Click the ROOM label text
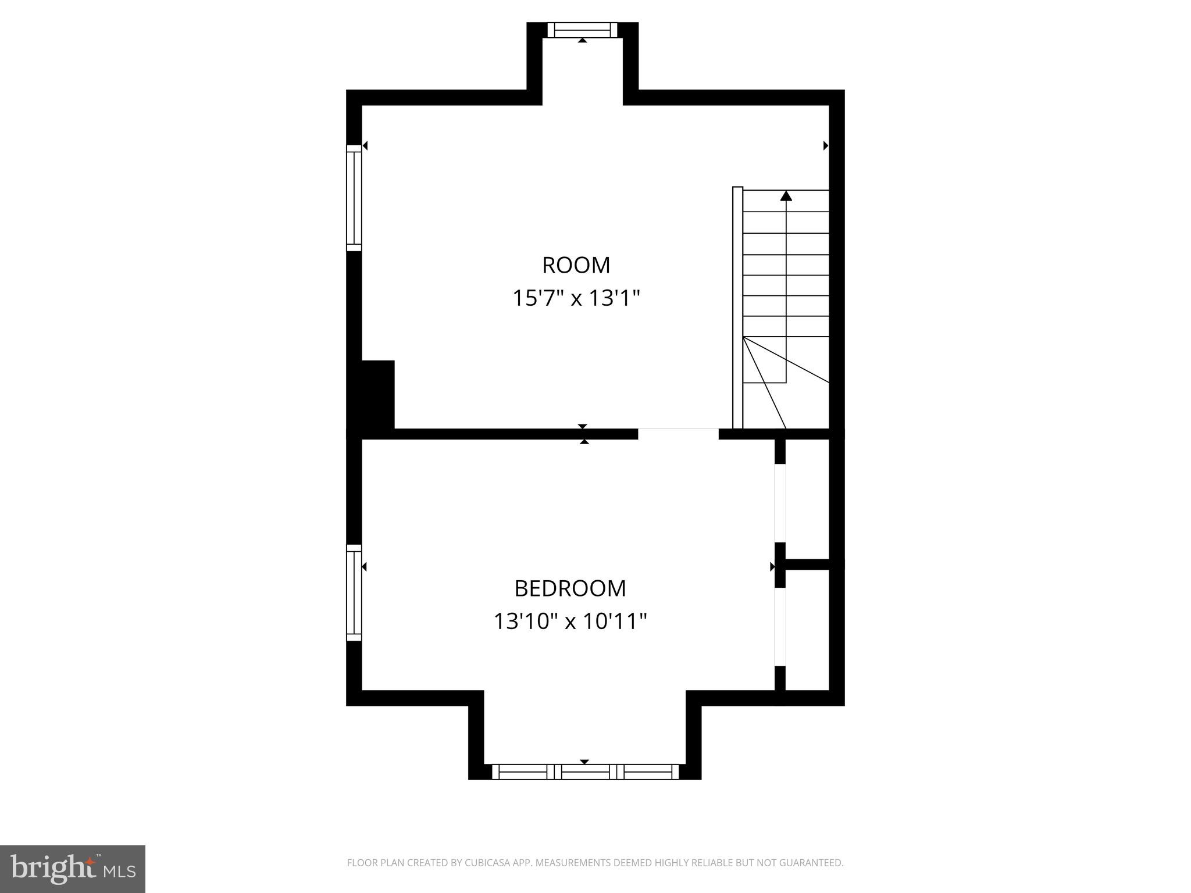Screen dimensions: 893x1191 point(576,265)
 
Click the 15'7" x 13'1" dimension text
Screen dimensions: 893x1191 point(576,298)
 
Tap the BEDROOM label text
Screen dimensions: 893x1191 point(570,588)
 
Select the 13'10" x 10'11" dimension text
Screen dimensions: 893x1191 point(570,621)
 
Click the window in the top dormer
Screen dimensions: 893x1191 point(582,30)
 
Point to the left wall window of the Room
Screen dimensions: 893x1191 point(354,198)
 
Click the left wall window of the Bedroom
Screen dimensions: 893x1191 point(354,593)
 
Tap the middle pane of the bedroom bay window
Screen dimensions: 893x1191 point(585,772)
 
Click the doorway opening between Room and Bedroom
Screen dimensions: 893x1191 point(678,434)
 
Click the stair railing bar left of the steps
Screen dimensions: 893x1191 point(737,308)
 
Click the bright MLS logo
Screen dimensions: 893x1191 point(72,869)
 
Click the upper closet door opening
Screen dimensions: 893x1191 point(780,503)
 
